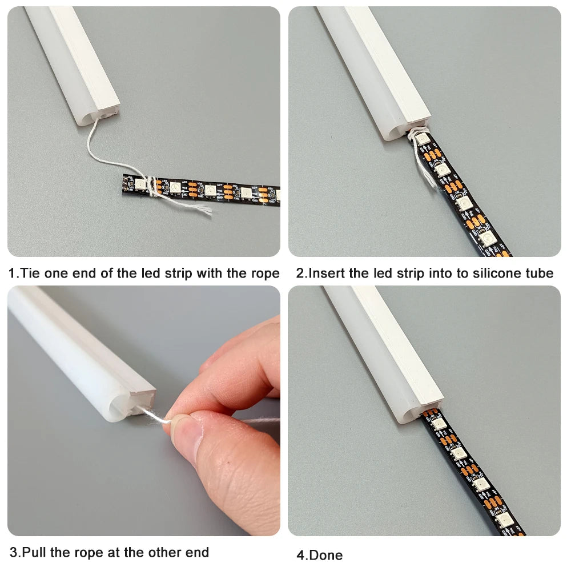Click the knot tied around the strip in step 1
coord(150,186)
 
